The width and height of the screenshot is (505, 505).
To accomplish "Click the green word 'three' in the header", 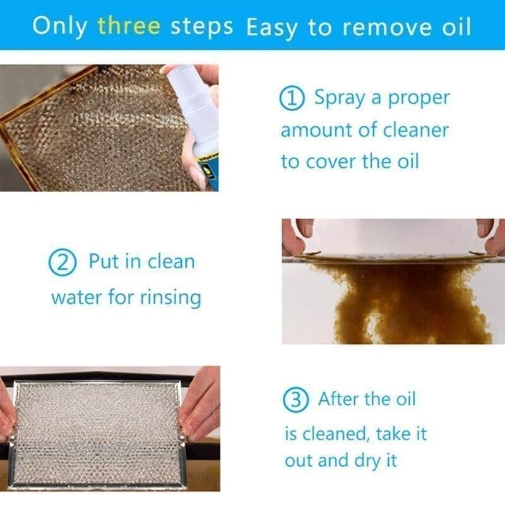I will pyautogui.click(x=129, y=26).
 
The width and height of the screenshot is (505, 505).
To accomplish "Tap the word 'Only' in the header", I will pyautogui.click(x=59, y=26).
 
